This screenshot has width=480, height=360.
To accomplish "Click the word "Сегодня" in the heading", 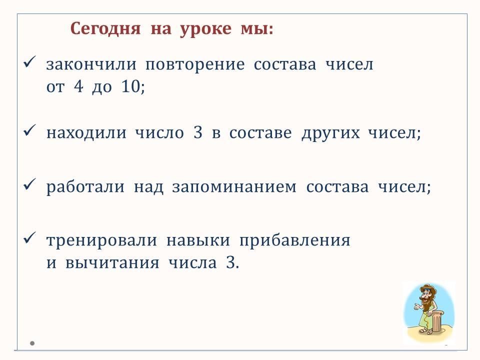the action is [x=105, y=29].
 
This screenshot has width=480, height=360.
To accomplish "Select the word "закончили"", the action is [x=91, y=64].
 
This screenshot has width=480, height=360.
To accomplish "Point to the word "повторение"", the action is [x=195, y=65].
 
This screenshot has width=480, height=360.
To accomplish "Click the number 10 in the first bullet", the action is [x=131, y=86].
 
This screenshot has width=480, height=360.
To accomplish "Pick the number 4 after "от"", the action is [x=78, y=86].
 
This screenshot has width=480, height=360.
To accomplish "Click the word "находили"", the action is [x=86, y=133].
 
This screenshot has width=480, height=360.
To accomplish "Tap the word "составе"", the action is [x=260, y=133].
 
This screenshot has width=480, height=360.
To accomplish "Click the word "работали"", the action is [x=85, y=186].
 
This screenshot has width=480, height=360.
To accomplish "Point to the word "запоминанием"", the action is [x=234, y=187].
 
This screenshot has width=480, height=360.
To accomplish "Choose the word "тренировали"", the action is [x=101, y=240].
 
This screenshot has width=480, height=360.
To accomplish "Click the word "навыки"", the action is [x=198, y=240].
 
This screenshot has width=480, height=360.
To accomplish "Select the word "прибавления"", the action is [x=295, y=240].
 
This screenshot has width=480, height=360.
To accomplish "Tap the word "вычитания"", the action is [x=112, y=263].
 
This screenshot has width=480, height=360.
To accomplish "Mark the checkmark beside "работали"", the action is [x=29, y=184].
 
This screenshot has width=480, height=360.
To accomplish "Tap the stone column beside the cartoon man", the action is [x=437, y=322].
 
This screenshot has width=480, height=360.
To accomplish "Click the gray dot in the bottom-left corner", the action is [x=32, y=343].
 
